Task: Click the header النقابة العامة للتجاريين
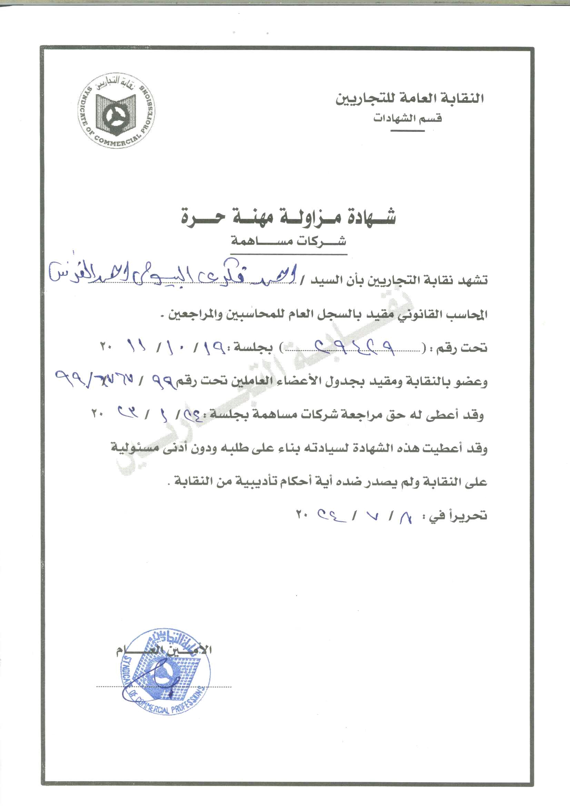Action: pos(409,98)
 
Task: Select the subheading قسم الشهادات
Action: pos(407,118)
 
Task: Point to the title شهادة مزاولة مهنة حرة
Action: pos(288,217)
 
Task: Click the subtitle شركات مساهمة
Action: pos(288,241)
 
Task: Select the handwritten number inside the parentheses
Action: pos(355,346)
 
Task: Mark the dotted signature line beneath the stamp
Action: pos(164,686)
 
